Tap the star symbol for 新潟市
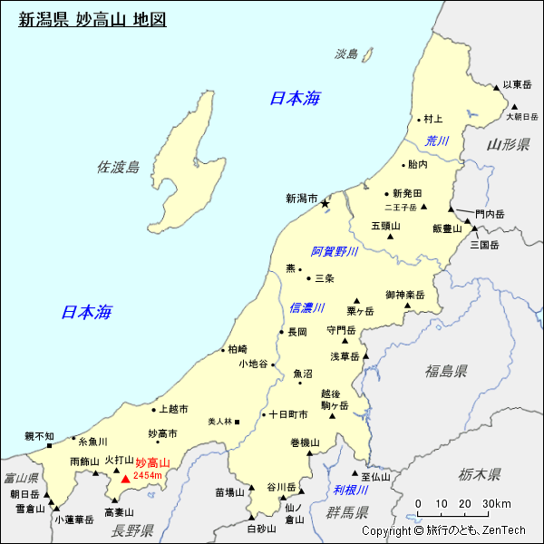pyautogui.click(x=325, y=204)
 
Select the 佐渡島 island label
pyautogui.click(x=119, y=167)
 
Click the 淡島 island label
pyautogui.click(x=346, y=54)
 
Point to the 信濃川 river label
pyautogui.click(x=306, y=308)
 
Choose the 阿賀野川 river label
pyautogui.click(x=335, y=251)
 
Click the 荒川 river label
pyautogui.click(x=437, y=141)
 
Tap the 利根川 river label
pyautogui.click(x=349, y=490)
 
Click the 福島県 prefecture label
pyautogui.click(x=446, y=371)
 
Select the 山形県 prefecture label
pyautogui.click(x=508, y=145)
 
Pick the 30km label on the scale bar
pyautogui.click(x=496, y=504)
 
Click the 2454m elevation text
pyautogui.click(x=147, y=476)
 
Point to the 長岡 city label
pyautogui.click(x=297, y=332)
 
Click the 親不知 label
pyautogui.click(x=39, y=436)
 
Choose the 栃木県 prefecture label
pyautogui.click(x=479, y=473)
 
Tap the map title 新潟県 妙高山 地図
pyautogui.click(x=92, y=19)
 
